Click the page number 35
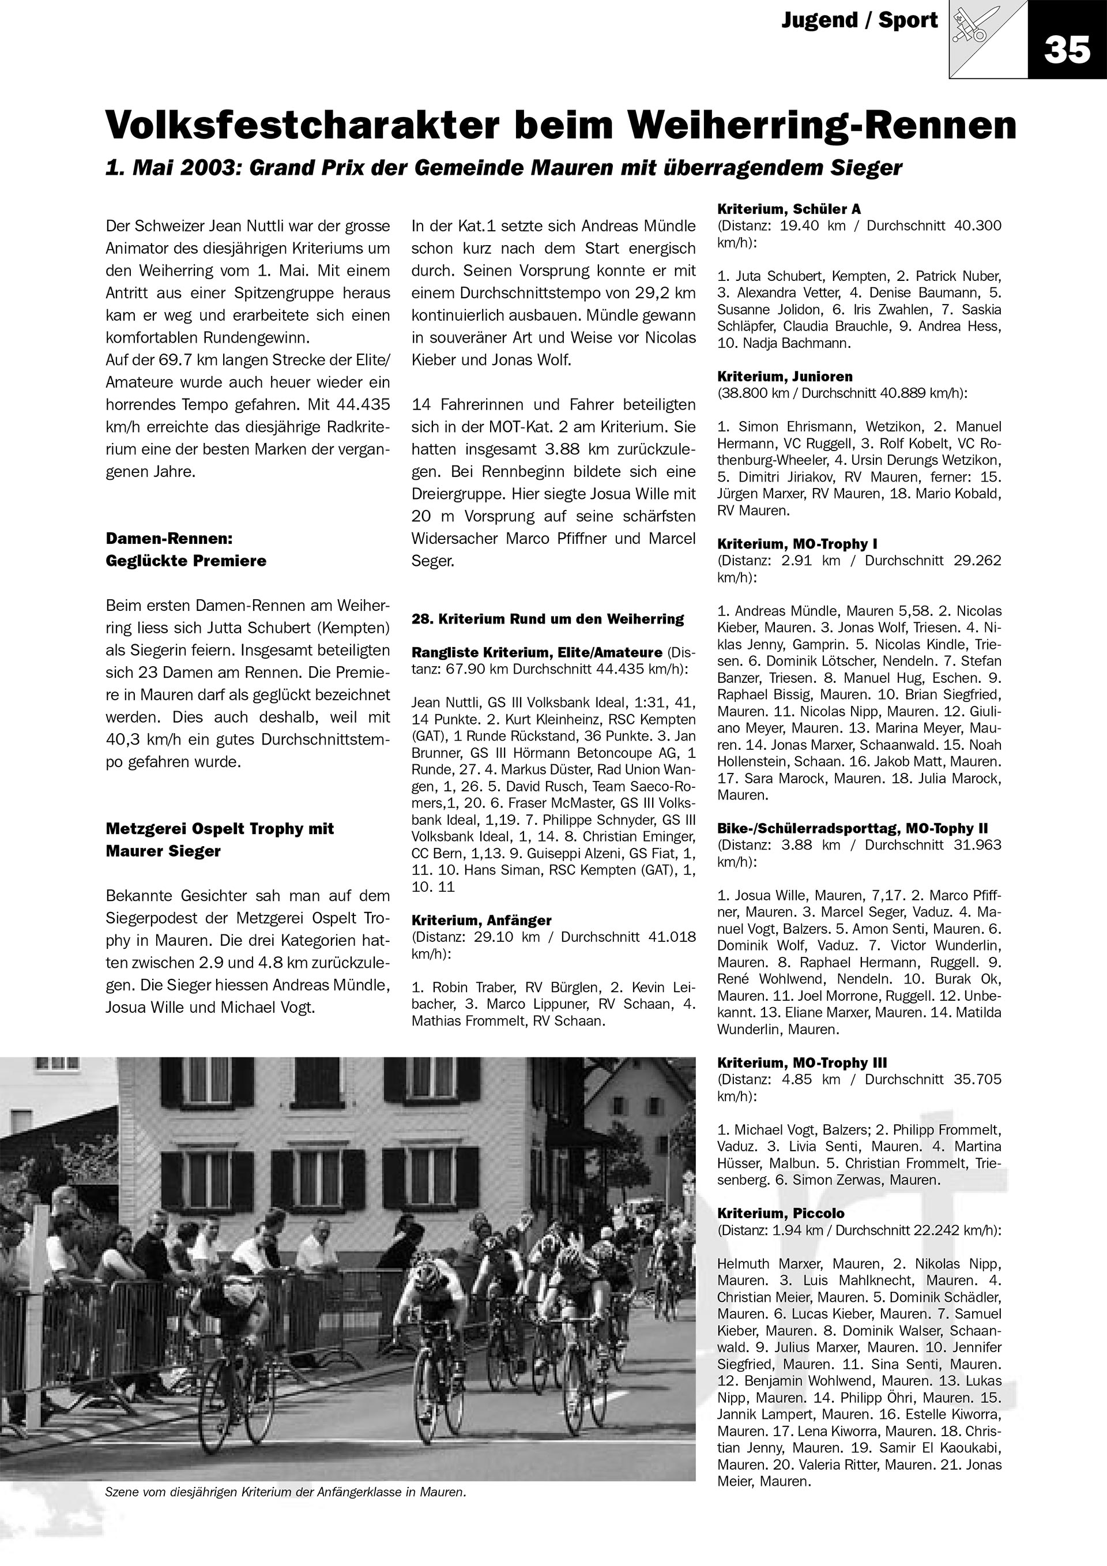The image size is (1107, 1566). [1067, 49]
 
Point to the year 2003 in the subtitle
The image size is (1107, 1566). [205, 168]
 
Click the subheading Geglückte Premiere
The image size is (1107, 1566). [186, 561]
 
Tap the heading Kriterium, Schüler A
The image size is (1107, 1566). [789, 209]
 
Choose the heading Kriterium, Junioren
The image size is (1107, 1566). [785, 377]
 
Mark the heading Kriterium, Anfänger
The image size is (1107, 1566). [481, 920]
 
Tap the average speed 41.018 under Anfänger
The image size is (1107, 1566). [672, 937]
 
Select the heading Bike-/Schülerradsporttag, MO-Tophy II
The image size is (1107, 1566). [852, 829]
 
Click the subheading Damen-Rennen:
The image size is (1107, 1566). [169, 538]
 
